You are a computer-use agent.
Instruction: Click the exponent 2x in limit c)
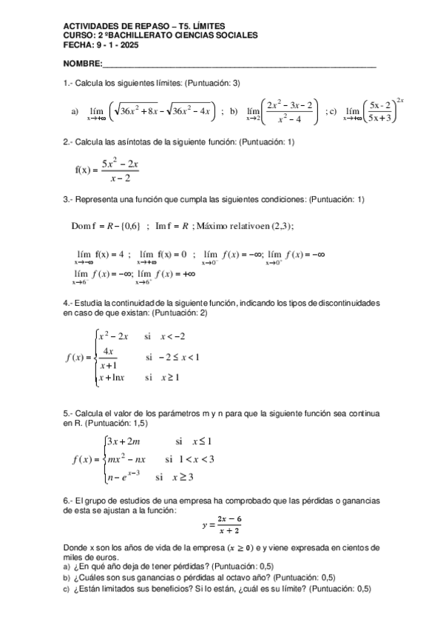click(400, 101)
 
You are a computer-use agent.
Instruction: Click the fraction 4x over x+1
click(108, 357)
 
